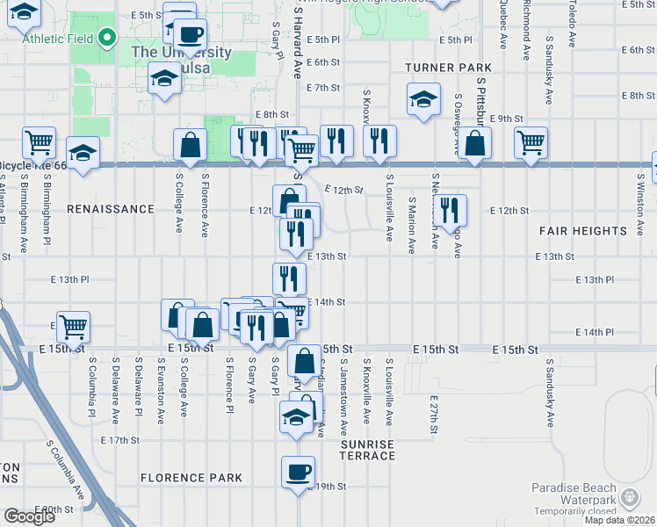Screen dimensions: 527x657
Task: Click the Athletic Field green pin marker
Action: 107,38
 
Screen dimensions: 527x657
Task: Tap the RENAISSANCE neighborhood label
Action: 110,210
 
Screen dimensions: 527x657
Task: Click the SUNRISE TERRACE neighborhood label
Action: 367,450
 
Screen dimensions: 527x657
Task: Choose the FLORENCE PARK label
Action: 191,478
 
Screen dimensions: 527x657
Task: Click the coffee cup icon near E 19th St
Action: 298,472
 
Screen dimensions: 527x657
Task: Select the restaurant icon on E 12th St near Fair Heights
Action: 450,209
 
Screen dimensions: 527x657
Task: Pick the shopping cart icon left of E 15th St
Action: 73,327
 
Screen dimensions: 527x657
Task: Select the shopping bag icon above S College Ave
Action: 190,144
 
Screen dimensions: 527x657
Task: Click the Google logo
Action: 29,516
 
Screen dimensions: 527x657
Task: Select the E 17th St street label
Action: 121,440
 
